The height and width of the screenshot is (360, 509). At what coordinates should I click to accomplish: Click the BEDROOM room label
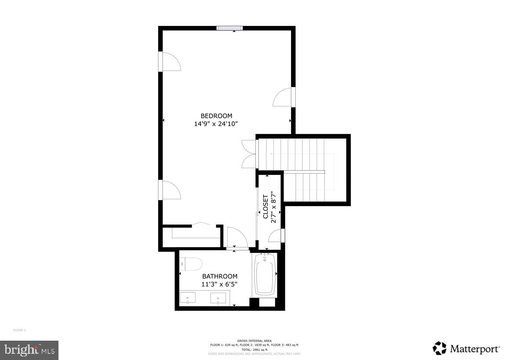click(216, 116)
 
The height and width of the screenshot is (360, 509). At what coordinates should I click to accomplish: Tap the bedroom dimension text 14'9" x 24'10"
click(216, 124)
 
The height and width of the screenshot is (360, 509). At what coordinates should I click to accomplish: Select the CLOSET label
click(265, 207)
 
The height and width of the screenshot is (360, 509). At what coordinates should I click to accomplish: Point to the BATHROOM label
click(220, 276)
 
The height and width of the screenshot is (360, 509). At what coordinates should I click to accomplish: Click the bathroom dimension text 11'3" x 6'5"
click(220, 284)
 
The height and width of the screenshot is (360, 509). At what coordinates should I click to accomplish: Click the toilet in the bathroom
click(191, 264)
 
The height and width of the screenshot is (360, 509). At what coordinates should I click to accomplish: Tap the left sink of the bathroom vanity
click(188, 298)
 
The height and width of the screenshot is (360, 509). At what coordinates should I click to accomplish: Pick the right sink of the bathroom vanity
click(218, 298)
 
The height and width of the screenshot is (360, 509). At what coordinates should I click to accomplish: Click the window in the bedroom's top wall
click(230, 28)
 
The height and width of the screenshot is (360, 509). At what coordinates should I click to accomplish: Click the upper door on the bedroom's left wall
click(170, 62)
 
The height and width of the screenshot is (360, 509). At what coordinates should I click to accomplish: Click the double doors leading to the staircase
click(249, 154)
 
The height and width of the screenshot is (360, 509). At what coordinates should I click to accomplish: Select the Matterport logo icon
click(440, 348)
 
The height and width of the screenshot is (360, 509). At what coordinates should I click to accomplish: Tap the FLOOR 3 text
click(19, 330)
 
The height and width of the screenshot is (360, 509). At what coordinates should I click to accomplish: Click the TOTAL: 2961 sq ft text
click(255, 349)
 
